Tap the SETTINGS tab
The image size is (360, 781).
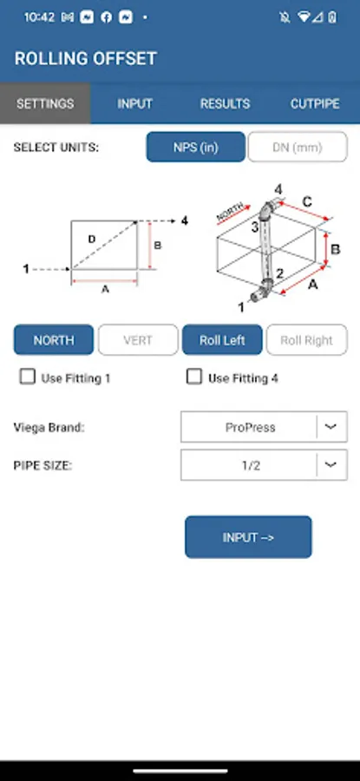[45, 103]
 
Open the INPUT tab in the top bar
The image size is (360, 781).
[135, 103]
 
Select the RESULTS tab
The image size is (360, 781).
[225, 103]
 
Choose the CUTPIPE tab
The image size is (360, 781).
[315, 103]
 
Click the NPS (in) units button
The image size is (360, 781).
[196, 147]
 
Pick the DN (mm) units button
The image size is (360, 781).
[298, 147]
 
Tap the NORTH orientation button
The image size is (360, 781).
[53, 340]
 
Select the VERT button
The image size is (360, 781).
[138, 340]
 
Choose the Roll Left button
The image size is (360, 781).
[222, 340]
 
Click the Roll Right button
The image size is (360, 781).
[307, 340]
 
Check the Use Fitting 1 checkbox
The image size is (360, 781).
[28, 377]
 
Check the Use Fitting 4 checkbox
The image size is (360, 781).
[194, 377]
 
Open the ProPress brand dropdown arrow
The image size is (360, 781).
[331, 427]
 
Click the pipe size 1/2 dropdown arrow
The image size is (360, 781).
[331, 465]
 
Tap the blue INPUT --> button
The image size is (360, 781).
[248, 537]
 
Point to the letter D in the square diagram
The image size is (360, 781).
[92, 240]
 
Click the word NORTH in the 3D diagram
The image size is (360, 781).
[230, 213]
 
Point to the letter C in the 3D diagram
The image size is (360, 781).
[307, 201]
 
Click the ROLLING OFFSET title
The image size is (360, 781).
[86, 59]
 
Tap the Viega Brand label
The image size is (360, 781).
[49, 427]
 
